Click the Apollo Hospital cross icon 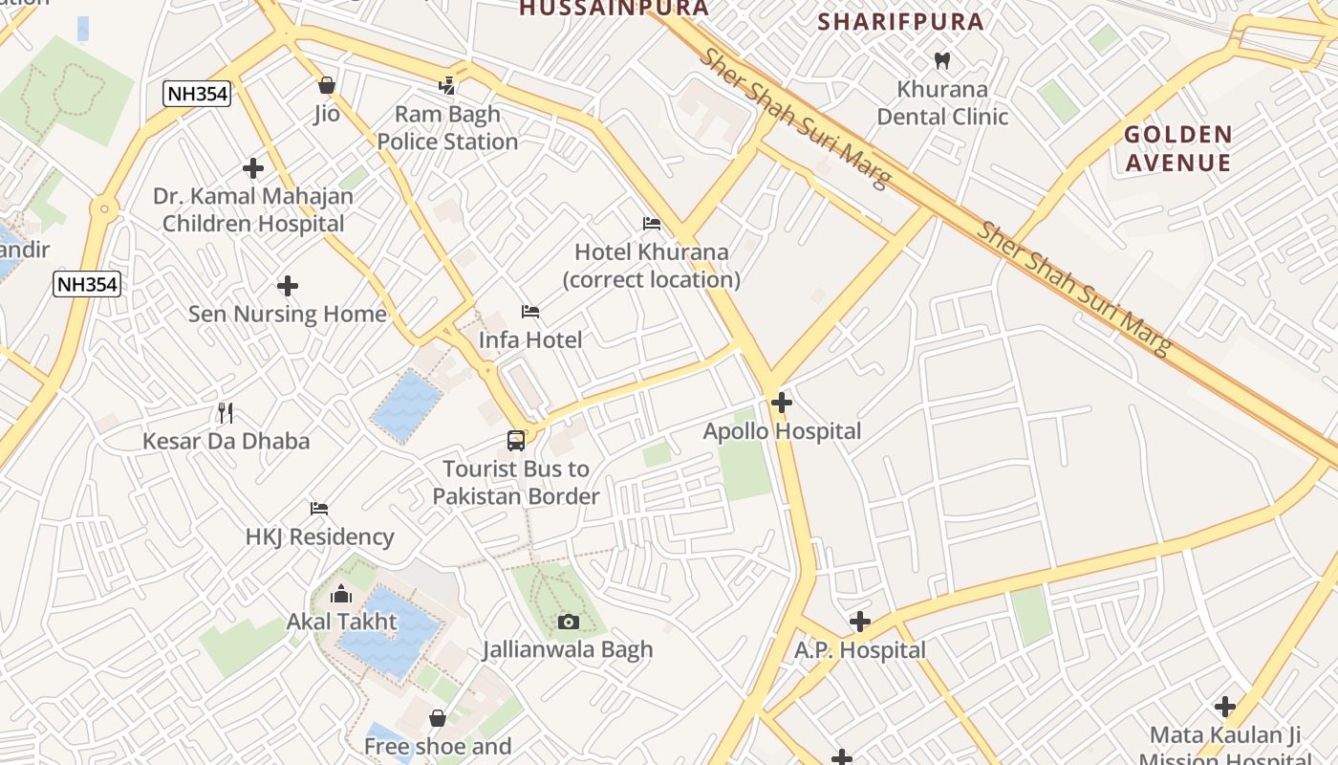[x=781, y=403]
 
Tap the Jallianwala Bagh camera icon [x=569, y=623]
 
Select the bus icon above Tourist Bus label [x=516, y=441]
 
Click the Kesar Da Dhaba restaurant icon [x=226, y=413]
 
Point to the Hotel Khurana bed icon [x=652, y=224]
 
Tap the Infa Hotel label [x=530, y=339]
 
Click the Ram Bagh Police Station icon [x=446, y=86]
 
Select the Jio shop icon [x=327, y=85]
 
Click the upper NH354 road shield [x=197, y=93]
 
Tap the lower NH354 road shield [x=87, y=284]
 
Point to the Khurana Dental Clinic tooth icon [x=941, y=61]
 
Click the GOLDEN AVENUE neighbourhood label [x=1177, y=148]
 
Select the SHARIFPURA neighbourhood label [x=901, y=22]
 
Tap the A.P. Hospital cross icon [x=860, y=623]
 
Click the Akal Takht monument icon [x=341, y=595]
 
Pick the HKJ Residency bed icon [x=319, y=509]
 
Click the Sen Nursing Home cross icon [x=288, y=286]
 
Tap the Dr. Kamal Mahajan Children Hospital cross [x=253, y=169]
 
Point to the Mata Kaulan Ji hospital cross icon [x=1225, y=708]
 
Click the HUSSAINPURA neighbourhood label [x=615, y=9]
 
